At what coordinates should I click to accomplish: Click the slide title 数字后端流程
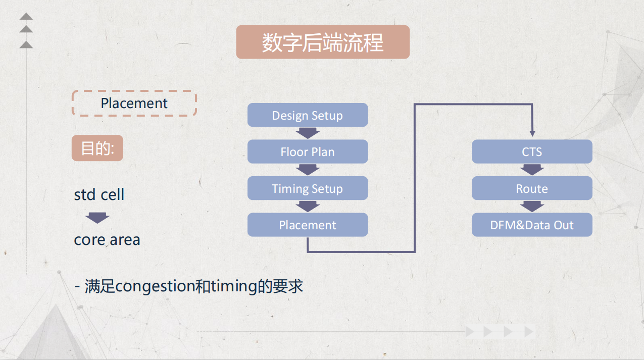coord(322,42)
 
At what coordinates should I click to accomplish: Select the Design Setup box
coord(307,115)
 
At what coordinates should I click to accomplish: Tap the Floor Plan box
coord(307,151)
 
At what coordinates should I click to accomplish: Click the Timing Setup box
coord(307,188)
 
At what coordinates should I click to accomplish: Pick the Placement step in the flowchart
coord(307,225)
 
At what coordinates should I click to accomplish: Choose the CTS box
coord(531,151)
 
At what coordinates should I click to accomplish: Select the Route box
coord(531,188)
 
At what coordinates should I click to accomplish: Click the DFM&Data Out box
coord(531,225)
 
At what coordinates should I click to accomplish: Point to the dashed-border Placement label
coord(134,103)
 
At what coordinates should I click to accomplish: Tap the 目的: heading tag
coord(97,148)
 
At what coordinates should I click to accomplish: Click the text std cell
coord(99,194)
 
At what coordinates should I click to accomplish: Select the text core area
coord(107,239)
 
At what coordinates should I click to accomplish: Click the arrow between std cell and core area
coord(97,218)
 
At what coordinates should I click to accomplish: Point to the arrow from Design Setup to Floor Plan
coord(307,133)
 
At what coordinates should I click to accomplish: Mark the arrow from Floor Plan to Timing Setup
coord(307,170)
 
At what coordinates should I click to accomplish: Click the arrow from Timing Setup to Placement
coord(307,206)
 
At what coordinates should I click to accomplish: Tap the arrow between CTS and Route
coord(531,170)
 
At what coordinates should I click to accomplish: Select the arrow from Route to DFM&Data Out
coord(531,206)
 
